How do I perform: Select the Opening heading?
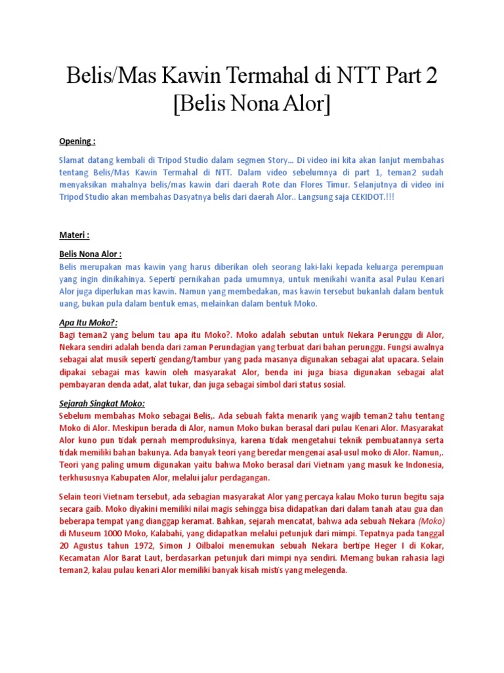77,141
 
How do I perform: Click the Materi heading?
74,235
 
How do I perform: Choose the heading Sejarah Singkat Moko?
102,404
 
